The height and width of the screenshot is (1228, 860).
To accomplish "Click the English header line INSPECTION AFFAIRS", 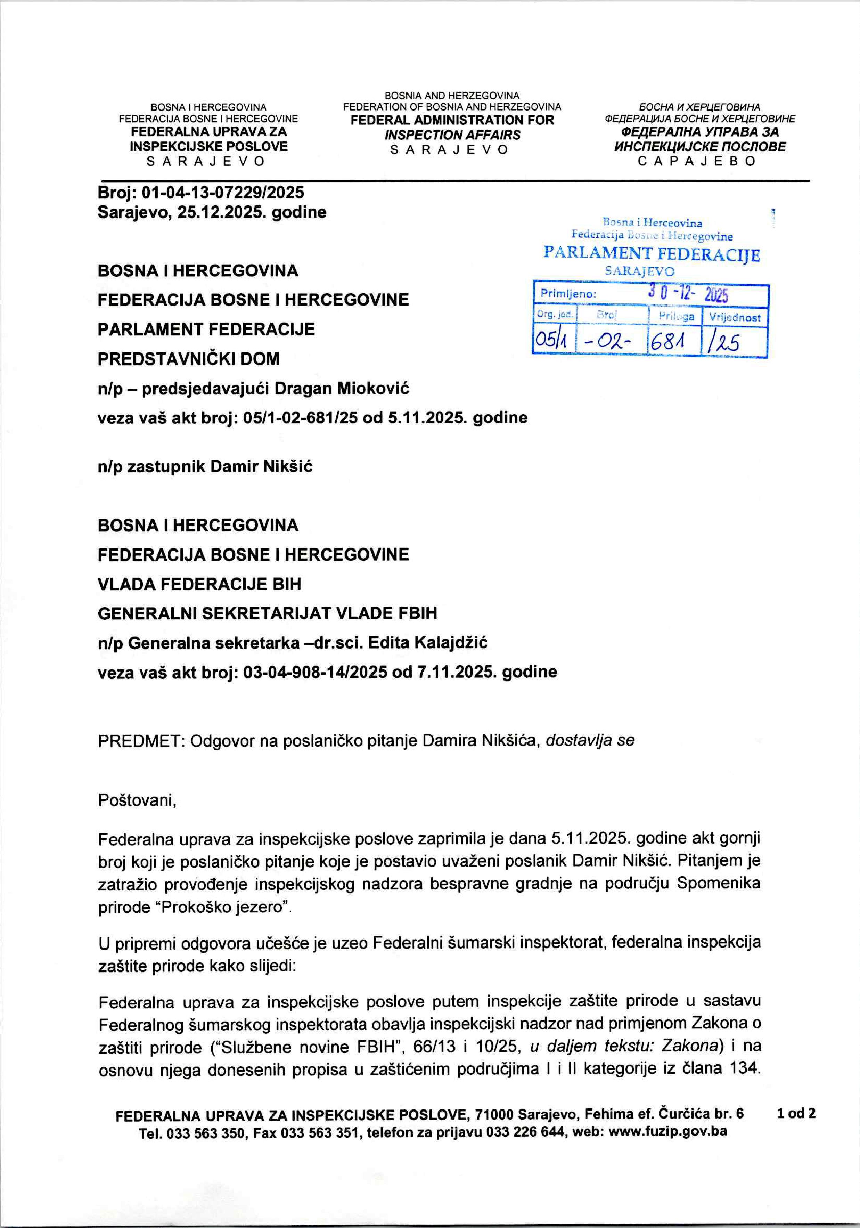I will [x=452, y=135].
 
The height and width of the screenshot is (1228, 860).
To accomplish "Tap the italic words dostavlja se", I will [x=590, y=741].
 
